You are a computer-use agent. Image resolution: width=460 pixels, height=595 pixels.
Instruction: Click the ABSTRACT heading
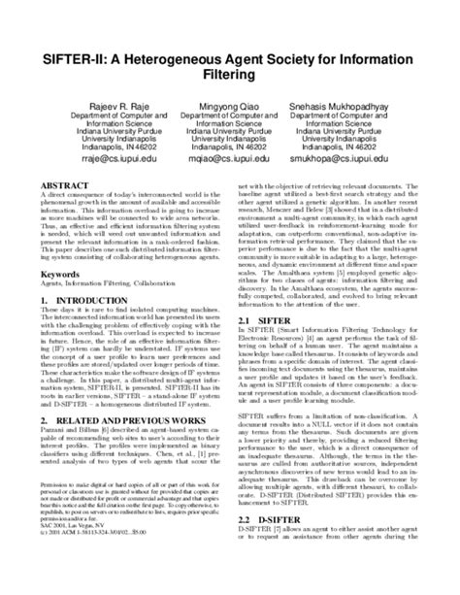click(x=59, y=182)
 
